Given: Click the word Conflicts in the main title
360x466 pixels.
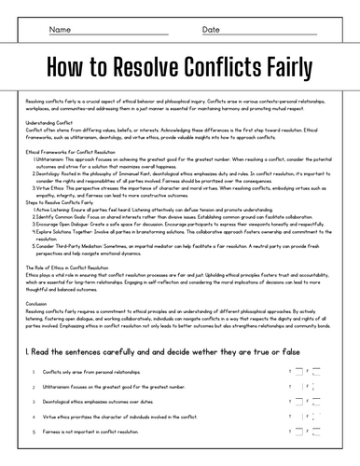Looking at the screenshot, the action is point(217,66).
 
